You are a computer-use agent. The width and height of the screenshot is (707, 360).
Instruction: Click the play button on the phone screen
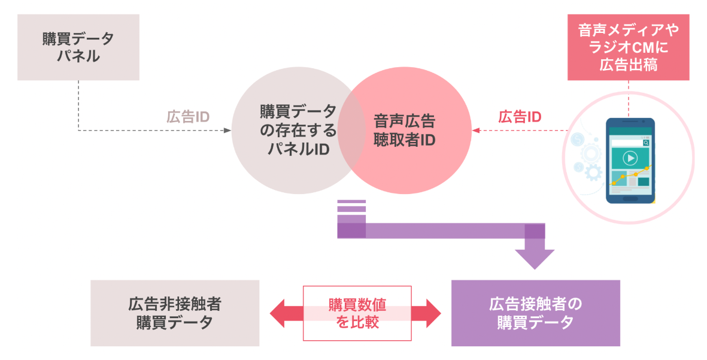pyautogui.click(x=629, y=158)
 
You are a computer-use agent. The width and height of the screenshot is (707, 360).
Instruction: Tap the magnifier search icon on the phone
pyautogui.click(x=646, y=143)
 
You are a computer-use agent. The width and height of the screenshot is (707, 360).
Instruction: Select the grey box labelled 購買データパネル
pyautogui.click(x=78, y=47)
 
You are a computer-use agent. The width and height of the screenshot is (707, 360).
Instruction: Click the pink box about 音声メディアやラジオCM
pyautogui.click(x=628, y=47)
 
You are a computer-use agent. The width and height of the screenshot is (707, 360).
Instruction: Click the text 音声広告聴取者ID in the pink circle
pyautogui.click(x=405, y=130)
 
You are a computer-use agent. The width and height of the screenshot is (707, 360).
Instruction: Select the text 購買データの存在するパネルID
pyautogui.click(x=298, y=130)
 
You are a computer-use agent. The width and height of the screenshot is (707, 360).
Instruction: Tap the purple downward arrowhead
pyautogui.click(x=535, y=259)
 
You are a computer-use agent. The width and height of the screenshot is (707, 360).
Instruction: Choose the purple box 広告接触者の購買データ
pyautogui.click(x=535, y=313)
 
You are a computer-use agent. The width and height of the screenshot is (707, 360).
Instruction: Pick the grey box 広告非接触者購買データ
pyautogui.click(x=175, y=313)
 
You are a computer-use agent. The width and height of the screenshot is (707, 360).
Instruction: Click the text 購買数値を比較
pyautogui.click(x=357, y=313)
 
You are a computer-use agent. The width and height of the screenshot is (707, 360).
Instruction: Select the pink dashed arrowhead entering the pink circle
pyautogui.click(x=476, y=130)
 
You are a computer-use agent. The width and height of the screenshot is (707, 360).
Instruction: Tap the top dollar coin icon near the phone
pyautogui.click(x=578, y=140)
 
